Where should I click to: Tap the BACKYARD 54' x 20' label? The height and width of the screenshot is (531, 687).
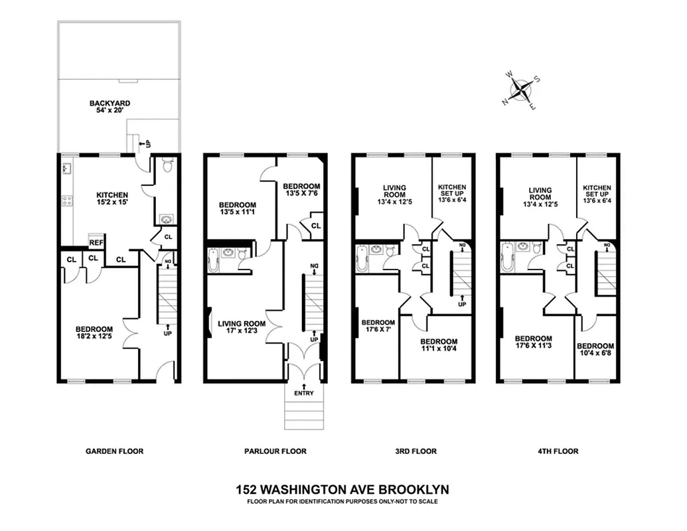coord(110,108)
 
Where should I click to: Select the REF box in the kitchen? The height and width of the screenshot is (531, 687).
coord(96,243)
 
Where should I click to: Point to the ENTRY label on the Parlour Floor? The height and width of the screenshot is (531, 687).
coord(304,393)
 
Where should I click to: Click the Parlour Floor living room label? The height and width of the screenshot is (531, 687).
coord(242,328)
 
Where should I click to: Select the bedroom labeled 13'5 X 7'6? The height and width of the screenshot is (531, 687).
coord(301,190)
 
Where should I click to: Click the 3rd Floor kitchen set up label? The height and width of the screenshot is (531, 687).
coord(452,193)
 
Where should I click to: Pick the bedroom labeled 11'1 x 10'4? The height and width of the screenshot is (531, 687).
coord(439,346)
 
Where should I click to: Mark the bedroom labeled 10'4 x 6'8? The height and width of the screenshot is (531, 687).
coord(595,350)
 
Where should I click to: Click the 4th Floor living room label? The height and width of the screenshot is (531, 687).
coord(540,194)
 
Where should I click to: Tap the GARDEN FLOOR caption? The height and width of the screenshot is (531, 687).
coord(115,451)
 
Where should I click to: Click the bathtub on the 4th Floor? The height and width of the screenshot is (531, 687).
coord(507,258)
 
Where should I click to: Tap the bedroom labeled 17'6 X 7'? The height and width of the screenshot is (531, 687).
coord(378,327)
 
